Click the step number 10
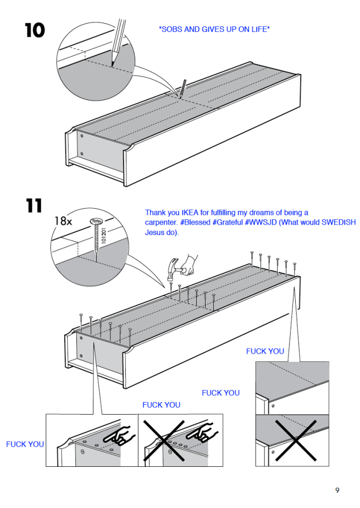(x=35, y=30)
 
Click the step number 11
(x=34, y=205)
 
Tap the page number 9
(x=337, y=490)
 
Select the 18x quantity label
(x=63, y=221)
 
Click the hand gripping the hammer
(x=190, y=265)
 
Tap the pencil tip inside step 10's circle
(x=113, y=65)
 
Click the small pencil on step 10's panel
(x=181, y=89)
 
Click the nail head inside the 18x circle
(x=96, y=222)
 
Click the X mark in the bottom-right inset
(x=296, y=440)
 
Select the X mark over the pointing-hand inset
(x=164, y=440)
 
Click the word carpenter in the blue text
(x=160, y=222)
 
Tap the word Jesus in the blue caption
(x=153, y=232)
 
